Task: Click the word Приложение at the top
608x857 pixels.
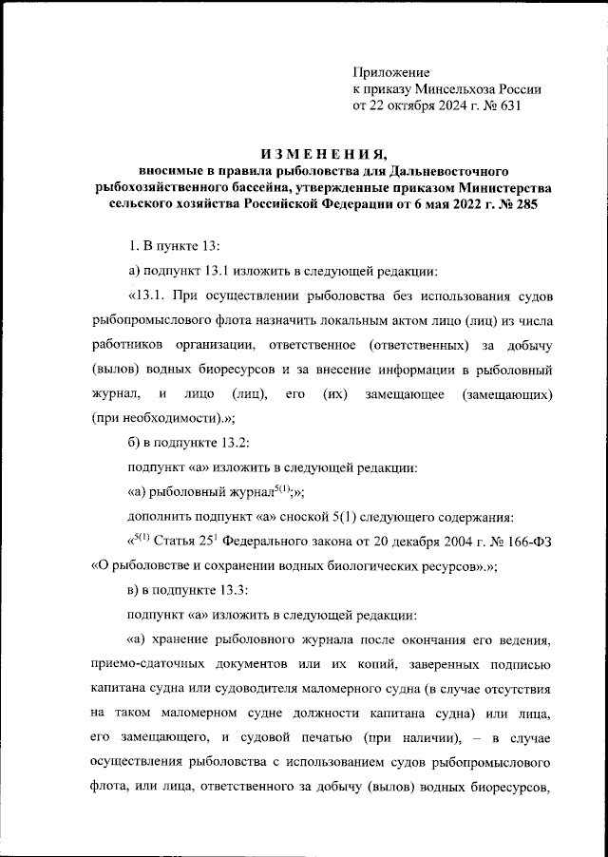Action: click(x=391, y=72)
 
